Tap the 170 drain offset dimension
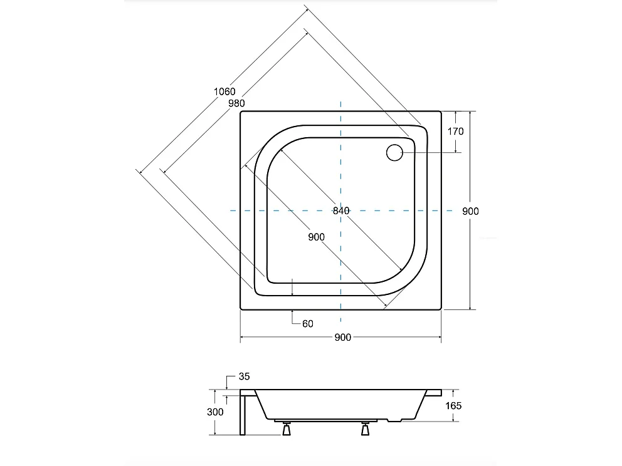[456, 132]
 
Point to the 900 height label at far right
[470, 211]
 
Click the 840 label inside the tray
[341, 211]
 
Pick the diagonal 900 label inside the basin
[317, 236]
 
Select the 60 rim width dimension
[307, 324]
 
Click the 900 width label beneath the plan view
[342, 338]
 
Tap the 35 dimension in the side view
[244, 377]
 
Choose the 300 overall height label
[215, 412]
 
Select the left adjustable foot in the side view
[287, 430]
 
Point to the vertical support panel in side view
[242, 413]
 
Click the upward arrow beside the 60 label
[293, 313]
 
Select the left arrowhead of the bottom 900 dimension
[243, 338]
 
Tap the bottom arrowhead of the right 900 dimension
[470, 307]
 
